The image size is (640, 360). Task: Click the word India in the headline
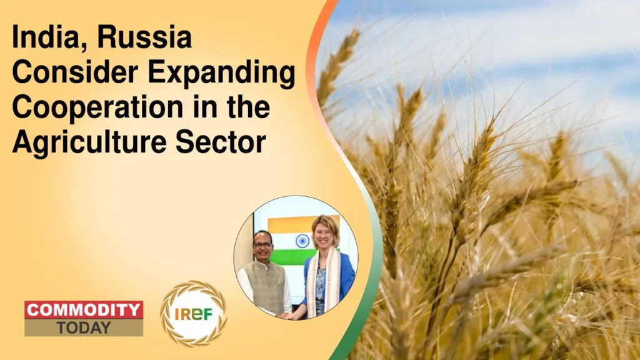click(41, 39)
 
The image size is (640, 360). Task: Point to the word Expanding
click(220, 75)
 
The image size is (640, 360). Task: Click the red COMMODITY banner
click(84, 310)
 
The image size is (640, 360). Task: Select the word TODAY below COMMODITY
click(83, 327)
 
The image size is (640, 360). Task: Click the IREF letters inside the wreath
click(194, 314)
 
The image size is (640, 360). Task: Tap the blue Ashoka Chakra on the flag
click(302, 241)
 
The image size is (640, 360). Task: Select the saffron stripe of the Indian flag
click(294, 224)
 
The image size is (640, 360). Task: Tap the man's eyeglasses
click(263, 239)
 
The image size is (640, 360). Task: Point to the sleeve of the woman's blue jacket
click(346, 275)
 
